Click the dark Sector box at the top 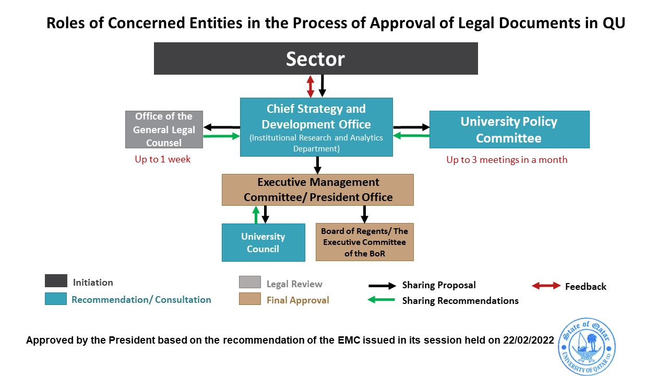(316, 58)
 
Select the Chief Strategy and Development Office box (316, 127)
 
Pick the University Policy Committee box (509, 130)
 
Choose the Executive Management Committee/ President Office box (317, 190)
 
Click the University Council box (263, 242)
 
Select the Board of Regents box (364, 242)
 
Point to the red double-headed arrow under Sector (311, 86)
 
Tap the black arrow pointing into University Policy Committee (411, 127)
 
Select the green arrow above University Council (256, 215)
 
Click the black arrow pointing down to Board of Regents (364, 214)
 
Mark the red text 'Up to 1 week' (163, 160)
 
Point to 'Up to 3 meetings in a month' (507, 160)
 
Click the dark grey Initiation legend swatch (56, 281)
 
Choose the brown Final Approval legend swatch (249, 299)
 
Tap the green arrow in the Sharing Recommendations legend (381, 300)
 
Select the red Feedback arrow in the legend (545, 286)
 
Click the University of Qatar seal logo (587, 346)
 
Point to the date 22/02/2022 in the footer (528, 340)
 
